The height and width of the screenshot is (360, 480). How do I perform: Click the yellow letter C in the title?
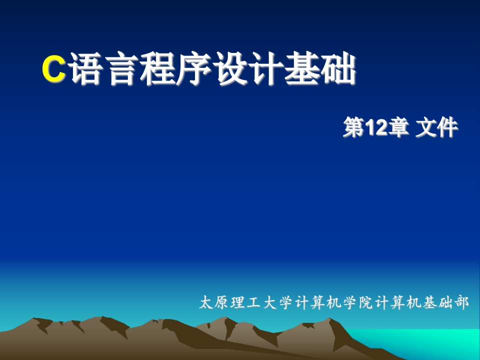(x=54, y=69)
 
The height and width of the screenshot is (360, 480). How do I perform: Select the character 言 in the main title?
(x=122, y=68)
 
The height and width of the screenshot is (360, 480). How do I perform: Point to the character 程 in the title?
(x=157, y=68)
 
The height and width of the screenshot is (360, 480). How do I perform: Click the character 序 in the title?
(x=193, y=68)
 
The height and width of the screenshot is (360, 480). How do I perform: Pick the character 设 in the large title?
(x=229, y=68)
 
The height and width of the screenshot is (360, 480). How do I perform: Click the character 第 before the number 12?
(x=354, y=127)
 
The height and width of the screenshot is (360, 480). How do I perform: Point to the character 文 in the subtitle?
(x=426, y=127)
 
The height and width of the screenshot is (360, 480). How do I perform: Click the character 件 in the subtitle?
(x=447, y=127)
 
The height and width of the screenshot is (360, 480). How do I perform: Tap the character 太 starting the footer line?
(x=206, y=302)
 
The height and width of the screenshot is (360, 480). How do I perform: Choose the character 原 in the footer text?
(x=221, y=302)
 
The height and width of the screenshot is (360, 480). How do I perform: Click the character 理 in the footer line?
(x=238, y=302)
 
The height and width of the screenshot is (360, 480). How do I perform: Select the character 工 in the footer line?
(x=254, y=302)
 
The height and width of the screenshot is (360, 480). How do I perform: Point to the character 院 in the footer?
(x=366, y=302)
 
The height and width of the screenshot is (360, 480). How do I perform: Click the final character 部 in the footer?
(x=461, y=302)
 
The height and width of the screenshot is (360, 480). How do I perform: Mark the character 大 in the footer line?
(x=270, y=302)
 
